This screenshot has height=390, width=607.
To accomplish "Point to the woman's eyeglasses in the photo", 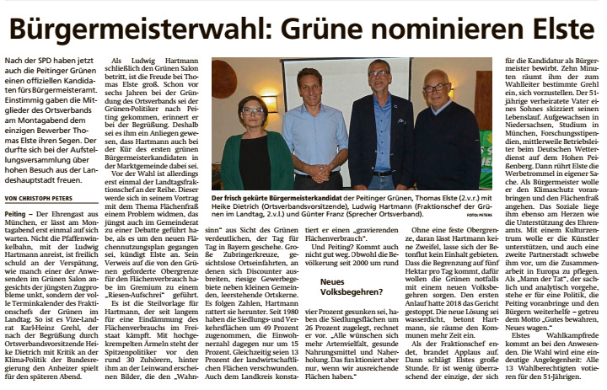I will pyautogui.click(x=252, y=110).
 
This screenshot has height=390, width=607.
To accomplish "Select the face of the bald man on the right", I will pyautogui.click(x=436, y=88).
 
